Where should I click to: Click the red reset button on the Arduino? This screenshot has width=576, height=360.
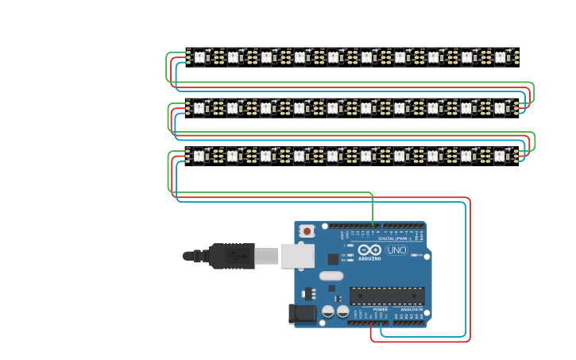[x=307, y=230]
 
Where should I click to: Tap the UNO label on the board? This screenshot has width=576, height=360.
[x=396, y=250]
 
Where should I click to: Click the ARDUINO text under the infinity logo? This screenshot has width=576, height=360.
[x=369, y=258]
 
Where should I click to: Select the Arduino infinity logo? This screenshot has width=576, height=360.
[x=369, y=250]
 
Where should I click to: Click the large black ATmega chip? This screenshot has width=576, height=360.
[x=387, y=296]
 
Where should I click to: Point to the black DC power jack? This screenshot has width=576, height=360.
[x=302, y=314]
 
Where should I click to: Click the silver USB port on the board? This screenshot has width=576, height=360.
[x=298, y=256]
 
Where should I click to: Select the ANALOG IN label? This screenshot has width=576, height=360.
[x=412, y=310]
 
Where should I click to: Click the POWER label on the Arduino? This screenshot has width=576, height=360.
[x=369, y=310]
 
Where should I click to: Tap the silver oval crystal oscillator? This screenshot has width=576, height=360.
[x=331, y=277]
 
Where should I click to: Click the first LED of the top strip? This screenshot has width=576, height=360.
[x=199, y=56]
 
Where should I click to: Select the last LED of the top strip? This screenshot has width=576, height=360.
[x=500, y=56]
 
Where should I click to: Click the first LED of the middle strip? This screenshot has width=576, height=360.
[x=199, y=106]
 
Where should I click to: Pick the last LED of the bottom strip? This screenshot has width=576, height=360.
[x=500, y=156]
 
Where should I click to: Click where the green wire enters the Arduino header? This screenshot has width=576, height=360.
[x=373, y=226]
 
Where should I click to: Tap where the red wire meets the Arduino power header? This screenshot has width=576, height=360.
[x=371, y=323]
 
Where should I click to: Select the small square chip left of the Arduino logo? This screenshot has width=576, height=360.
[x=333, y=258]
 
